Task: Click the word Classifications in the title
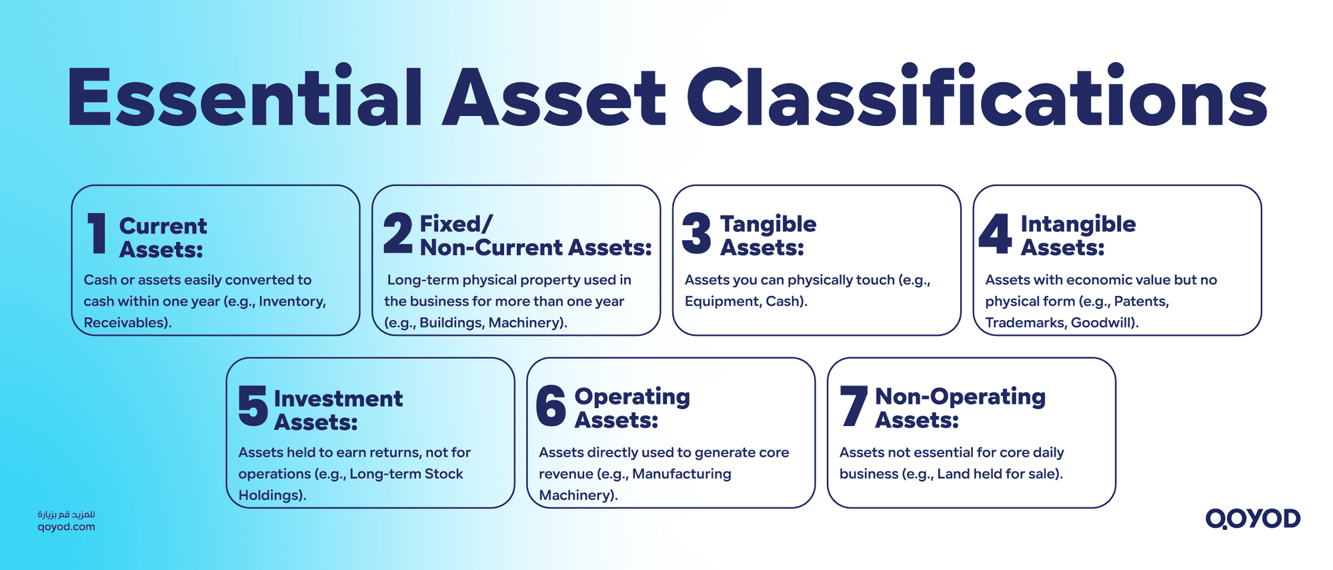point(977,97)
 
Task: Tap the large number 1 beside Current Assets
point(98,233)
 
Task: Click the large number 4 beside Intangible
point(996,233)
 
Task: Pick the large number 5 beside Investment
point(253,406)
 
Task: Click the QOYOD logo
point(1252,519)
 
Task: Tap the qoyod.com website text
point(66,527)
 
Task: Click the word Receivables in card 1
point(125,323)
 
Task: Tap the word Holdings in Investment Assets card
point(269,495)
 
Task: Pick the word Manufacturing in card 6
point(682,474)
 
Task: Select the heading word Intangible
point(1078,224)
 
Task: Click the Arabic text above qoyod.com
point(66,515)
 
